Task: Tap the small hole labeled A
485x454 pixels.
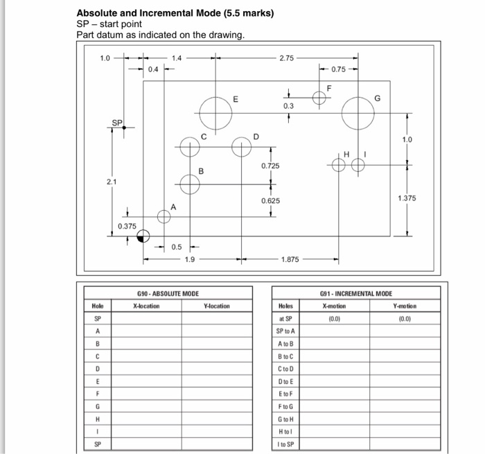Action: click(164, 217)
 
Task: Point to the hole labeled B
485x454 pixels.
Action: click(189, 184)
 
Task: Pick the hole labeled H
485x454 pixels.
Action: click(339, 164)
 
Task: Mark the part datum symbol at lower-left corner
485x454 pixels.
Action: click(143, 236)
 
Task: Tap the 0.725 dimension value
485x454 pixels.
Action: click(271, 167)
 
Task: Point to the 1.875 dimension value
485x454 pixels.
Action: click(290, 260)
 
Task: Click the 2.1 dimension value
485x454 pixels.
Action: click(112, 181)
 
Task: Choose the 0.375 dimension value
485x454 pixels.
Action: click(127, 226)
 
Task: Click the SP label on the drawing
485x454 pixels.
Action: click(117, 123)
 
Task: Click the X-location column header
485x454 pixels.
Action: click(144, 306)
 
